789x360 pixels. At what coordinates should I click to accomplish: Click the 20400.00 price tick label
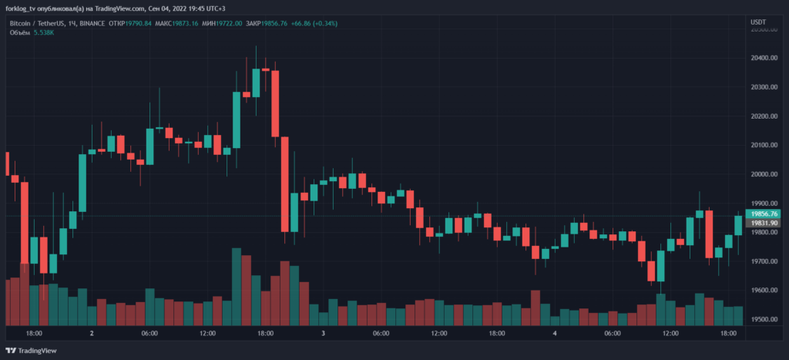click(x=764, y=58)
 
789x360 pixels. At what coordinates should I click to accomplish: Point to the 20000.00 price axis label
click(x=764, y=174)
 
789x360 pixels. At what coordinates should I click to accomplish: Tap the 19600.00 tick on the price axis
click(x=764, y=291)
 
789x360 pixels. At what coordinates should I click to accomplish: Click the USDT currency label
click(x=759, y=23)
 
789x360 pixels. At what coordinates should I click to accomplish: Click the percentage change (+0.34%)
click(x=321, y=23)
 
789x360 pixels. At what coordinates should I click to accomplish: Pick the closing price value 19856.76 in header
click(x=274, y=23)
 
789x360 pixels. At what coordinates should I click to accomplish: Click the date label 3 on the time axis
click(x=324, y=334)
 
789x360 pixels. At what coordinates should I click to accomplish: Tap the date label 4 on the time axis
click(x=555, y=334)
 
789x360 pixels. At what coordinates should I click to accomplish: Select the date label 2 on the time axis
click(x=92, y=334)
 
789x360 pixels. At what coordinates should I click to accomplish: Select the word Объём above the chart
click(x=19, y=33)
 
